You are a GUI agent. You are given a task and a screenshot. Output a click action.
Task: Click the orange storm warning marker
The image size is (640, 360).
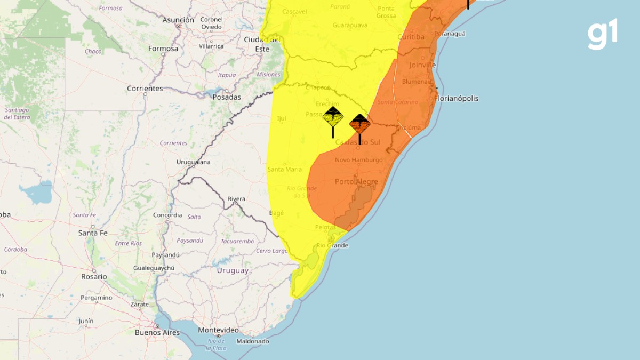pos(360,124)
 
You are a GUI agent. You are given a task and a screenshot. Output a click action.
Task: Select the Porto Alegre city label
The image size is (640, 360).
pos(356,182)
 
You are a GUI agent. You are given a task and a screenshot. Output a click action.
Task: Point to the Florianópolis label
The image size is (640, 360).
pos(457,99)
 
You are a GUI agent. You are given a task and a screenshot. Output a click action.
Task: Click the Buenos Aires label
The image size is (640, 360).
pos(157,332)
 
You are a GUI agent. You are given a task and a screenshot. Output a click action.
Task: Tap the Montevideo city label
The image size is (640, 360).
pos(218,330)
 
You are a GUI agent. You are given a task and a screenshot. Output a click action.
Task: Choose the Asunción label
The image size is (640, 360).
pos(178,20)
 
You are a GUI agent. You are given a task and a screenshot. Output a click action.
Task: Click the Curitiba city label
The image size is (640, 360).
pos(411,37)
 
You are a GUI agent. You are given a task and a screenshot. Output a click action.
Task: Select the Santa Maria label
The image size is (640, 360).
pos(284,170)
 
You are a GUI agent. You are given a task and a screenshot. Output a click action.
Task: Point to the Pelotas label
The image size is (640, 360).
pos(325,227)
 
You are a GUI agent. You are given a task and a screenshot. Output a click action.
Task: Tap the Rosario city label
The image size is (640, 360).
pos(94,277)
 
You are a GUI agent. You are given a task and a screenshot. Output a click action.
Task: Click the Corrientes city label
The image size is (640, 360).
pos(145,89)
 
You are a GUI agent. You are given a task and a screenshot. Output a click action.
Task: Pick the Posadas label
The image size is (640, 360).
pos(227,97)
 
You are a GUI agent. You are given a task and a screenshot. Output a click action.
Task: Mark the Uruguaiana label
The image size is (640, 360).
pos(194,162)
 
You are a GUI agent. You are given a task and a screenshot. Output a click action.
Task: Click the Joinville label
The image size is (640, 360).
pos(422,65)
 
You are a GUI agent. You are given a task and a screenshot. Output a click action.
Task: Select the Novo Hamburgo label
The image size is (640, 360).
pos(359,160)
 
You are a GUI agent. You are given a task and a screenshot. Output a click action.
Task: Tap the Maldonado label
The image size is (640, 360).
pos(253,341)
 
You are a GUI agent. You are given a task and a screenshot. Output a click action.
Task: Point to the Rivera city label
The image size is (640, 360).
pos(236,199)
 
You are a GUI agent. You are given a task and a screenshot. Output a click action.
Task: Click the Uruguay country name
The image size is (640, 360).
pos(233,270)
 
